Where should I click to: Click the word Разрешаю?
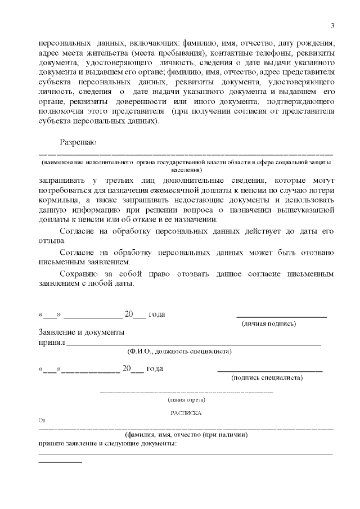pos(78,142)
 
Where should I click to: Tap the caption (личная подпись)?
pos(269,324)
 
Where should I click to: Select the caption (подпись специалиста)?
pos(267,378)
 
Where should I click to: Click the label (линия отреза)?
pos(186,400)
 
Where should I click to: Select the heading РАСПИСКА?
pos(186,413)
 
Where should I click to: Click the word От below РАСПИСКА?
pos(40,420)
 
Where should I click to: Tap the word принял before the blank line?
pos(51,342)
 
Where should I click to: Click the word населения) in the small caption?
pos(186,169)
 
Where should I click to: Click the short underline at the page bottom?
pos(60,462)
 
